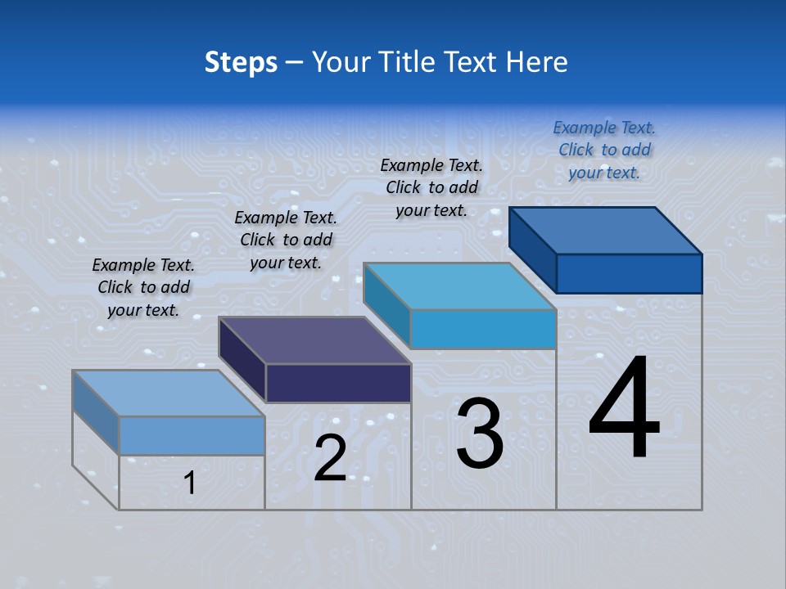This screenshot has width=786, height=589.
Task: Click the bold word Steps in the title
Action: (241, 62)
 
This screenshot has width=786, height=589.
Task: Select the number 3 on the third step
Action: (479, 434)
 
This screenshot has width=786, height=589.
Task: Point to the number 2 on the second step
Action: (330, 458)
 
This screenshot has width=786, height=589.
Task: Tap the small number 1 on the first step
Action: (190, 483)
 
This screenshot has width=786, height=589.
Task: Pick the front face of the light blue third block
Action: (483, 329)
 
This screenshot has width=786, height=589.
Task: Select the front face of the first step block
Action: (192, 435)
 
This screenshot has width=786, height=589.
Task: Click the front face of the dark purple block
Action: (338, 383)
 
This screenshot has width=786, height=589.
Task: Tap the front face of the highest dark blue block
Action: (629, 273)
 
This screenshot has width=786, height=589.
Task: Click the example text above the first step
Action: (143, 288)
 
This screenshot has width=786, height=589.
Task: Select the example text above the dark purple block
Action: (286, 241)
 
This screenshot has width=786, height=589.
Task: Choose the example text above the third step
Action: (431, 188)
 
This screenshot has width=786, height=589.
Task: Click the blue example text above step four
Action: (604, 151)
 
